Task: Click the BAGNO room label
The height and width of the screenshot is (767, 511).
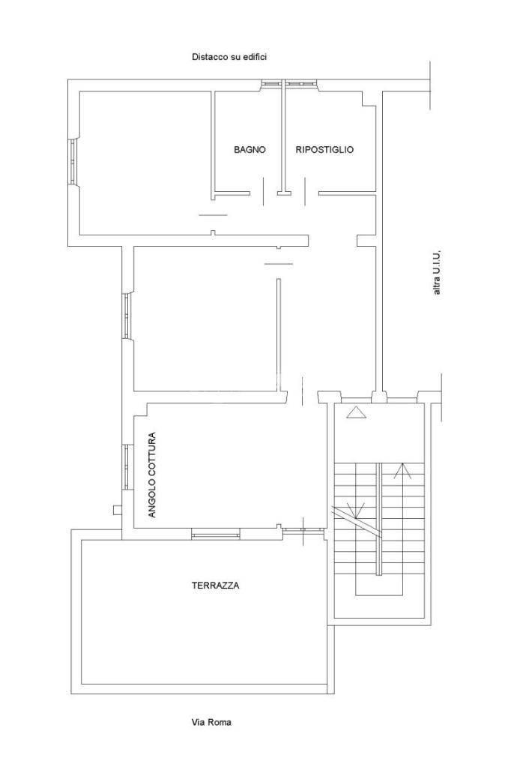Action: (x=250, y=150)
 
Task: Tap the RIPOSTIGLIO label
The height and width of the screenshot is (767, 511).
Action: (x=324, y=150)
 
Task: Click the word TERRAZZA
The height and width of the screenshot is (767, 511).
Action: (x=215, y=585)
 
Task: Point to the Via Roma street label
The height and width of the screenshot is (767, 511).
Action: (x=211, y=722)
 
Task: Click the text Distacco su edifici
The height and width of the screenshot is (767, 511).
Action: (x=229, y=57)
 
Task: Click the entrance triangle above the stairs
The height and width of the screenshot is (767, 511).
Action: (x=355, y=412)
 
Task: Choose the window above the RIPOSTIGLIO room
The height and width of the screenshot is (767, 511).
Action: (x=301, y=84)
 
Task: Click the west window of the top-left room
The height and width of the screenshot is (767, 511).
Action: (x=73, y=161)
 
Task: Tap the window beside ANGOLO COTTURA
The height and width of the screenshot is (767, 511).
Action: (x=127, y=466)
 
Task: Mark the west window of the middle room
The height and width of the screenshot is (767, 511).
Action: (x=127, y=316)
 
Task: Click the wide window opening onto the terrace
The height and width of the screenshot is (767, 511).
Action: (x=216, y=534)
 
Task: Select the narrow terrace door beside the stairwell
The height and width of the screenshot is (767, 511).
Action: (x=303, y=529)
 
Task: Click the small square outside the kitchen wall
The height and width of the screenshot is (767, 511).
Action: (x=118, y=510)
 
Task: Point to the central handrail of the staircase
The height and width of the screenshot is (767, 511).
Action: (x=378, y=520)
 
